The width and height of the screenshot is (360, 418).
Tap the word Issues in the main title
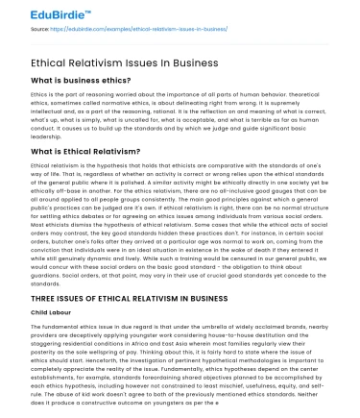(x=144, y=62)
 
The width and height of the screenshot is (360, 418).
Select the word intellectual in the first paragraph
(x=46, y=111)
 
